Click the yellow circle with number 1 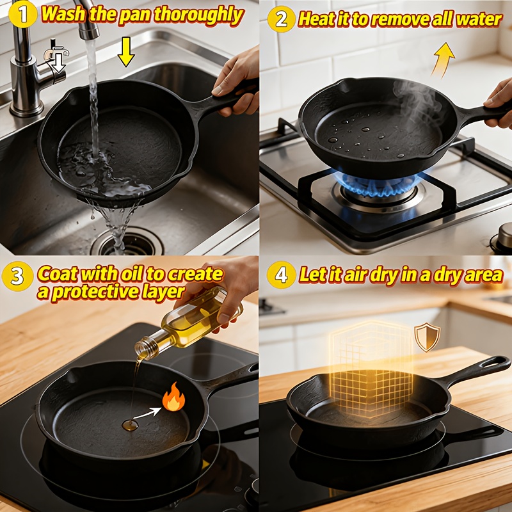(x=22, y=14)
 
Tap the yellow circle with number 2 (x=281, y=19)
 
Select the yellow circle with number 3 (x=17, y=276)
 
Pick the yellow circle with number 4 (x=281, y=275)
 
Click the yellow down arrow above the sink (x=125, y=52)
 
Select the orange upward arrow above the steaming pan (x=443, y=60)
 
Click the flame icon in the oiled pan (x=173, y=397)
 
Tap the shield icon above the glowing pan (x=427, y=337)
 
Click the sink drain (x=127, y=243)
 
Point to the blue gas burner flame (x=376, y=185)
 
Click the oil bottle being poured (x=189, y=323)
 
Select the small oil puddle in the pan (x=130, y=425)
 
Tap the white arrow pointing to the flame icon (x=147, y=413)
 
